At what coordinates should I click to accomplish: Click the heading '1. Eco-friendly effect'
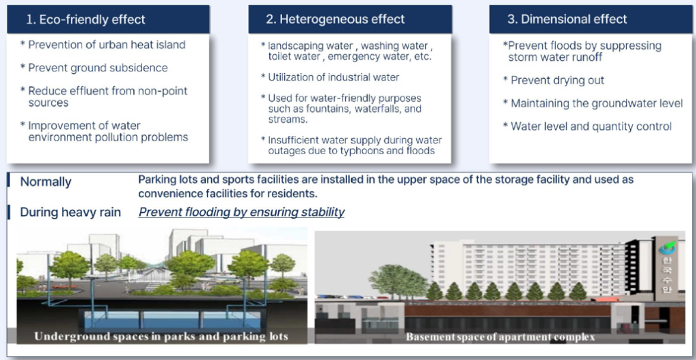pos(86,20)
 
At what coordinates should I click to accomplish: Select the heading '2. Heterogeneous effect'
pos(335,20)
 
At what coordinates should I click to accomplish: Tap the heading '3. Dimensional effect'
pos(568,20)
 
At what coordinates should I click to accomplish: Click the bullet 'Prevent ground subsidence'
pos(98,68)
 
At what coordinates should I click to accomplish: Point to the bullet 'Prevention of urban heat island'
pos(107,45)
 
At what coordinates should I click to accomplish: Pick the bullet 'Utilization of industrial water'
pos(333,77)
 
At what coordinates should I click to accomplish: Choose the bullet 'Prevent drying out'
pos(557,80)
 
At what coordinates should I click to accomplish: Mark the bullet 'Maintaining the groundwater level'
pos(597,103)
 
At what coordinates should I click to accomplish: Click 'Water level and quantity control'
pos(591,126)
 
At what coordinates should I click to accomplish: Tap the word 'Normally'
pos(46,182)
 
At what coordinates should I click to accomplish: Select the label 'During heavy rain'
pos(71,213)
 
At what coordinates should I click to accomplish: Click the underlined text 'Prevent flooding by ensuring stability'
pos(241,213)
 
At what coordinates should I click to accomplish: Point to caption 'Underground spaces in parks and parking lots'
pos(161,336)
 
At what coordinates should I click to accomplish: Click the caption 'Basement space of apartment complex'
pos(500,337)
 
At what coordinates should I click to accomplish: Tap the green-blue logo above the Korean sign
pos(667,247)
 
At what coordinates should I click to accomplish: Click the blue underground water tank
pos(172,319)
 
